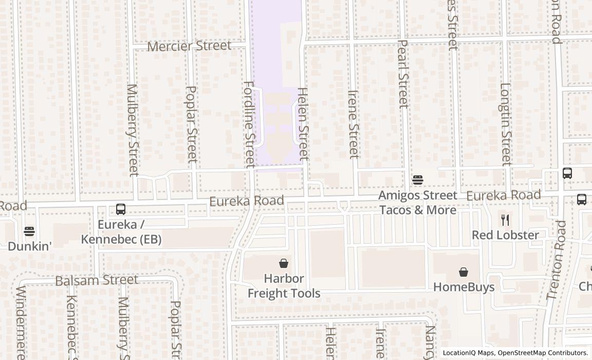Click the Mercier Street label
[x=189, y=46]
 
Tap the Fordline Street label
[x=249, y=124]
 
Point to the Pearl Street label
[x=403, y=74]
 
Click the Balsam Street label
[x=97, y=280]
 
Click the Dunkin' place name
[x=30, y=246]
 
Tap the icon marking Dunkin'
[x=29, y=231]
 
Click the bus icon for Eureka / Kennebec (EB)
[x=121, y=209]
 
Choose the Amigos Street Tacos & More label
[x=418, y=203]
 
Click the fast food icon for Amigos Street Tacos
[x=417, y=180]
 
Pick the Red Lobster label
[x=506, y=236]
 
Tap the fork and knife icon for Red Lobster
[x=505, y=220]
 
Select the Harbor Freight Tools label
[x=284, y=286]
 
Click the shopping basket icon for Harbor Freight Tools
[x=283, y=264]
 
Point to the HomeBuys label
[x=464, y=287]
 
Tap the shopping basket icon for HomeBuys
[x=464, y=272]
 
